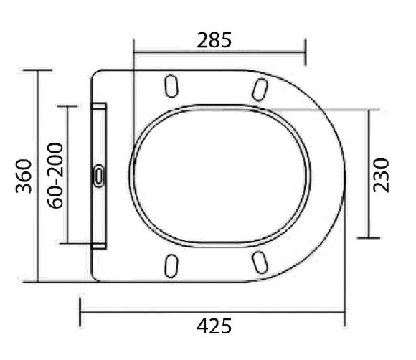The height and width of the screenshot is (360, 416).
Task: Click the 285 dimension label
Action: [214, 40]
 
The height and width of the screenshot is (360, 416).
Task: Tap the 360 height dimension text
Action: [24, 176]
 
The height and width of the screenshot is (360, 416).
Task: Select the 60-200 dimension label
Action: [55, 176]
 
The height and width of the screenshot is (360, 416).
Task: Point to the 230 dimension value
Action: [382, 174]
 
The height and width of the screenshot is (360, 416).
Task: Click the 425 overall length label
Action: [214, 326]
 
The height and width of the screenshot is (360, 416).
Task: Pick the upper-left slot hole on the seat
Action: [171, 87]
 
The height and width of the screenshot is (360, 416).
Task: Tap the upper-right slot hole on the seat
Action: [260, 88]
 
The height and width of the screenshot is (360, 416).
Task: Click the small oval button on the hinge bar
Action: [98, 175]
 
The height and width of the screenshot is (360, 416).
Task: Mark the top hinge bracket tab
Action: [99, 108]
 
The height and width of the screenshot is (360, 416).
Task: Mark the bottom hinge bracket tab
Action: [99, 243]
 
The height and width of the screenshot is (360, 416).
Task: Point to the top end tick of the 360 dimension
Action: [37, 70]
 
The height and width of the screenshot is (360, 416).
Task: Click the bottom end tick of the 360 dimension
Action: [37, 282]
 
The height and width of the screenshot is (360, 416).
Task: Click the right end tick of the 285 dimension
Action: [306, 52]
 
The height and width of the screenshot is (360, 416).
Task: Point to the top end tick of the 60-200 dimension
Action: [67, 105]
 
